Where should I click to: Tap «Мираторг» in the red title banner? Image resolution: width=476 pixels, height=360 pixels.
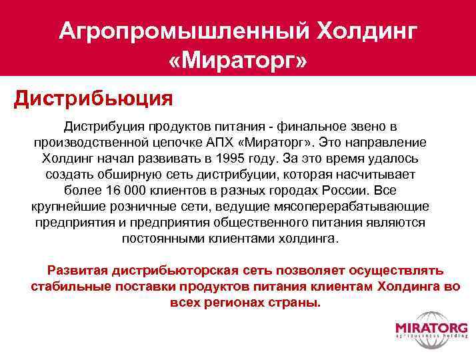coord(238,62)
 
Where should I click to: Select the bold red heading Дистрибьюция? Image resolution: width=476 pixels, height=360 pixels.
coord(94,99)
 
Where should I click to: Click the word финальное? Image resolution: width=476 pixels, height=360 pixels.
coord(308,127)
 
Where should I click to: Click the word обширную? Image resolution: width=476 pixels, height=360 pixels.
coord(134,175)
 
